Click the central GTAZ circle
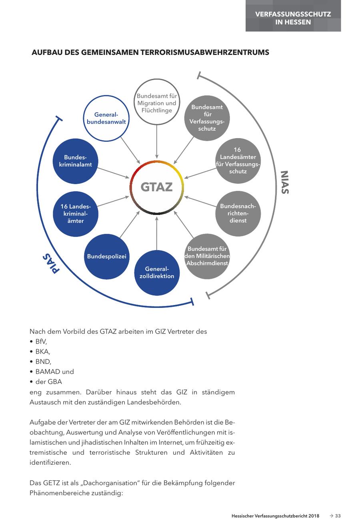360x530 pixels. [157, 187]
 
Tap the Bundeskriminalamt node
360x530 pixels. [75, 161]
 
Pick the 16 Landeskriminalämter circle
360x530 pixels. [75, 214]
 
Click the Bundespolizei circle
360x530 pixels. [107, 256]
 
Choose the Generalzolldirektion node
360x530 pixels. [157, 273]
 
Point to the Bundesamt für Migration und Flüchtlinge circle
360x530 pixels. [157, 102]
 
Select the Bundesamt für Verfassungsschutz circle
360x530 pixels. [207, 118]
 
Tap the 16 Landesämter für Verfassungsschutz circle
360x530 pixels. [238, 161]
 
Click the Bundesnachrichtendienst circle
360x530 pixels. [238, 213]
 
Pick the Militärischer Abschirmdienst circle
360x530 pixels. [207, 256]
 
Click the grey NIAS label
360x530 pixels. [284, 183]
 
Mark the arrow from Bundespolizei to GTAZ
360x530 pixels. [129, 226]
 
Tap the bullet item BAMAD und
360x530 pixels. [54, 371]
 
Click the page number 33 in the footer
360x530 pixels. [338, 516]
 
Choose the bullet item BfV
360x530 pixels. [41, 341]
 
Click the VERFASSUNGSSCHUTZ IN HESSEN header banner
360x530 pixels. [293, 18]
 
